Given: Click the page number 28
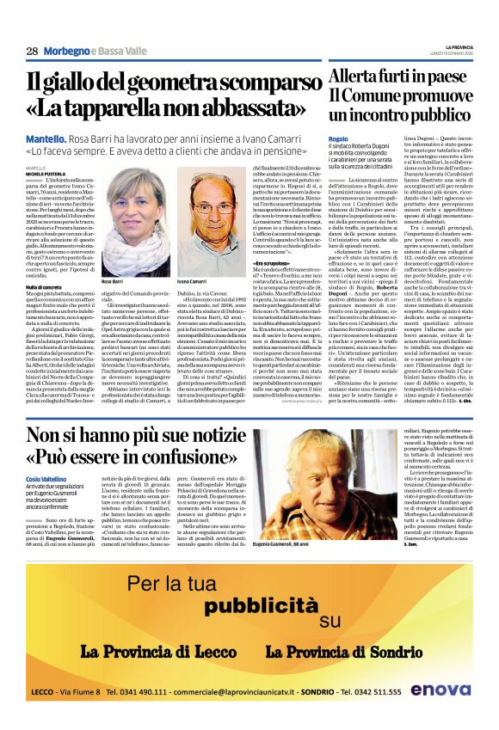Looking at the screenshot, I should pyautogui.click(x=31, y=51).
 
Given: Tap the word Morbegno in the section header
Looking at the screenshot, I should pyautogui.click(x=68, y=51).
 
